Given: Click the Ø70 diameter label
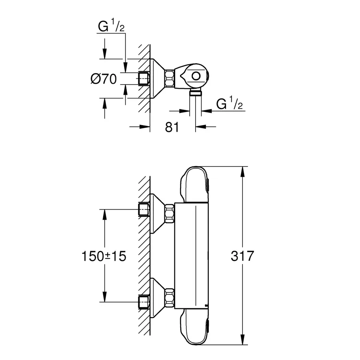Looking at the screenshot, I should click(x=104, y=79).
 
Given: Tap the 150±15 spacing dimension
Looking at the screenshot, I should click(x=104, y=256).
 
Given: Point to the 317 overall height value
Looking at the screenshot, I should click(x=242, y=256).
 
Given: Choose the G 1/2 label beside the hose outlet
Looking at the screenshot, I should click(x=230, y=104).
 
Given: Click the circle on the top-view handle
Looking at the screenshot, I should click(x=196, y=76).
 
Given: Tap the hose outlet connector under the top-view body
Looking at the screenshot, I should click(x=195, y=93).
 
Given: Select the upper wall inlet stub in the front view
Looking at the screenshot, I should click(x=144, y=210).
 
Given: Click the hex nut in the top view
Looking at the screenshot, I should click(x=170, y=78).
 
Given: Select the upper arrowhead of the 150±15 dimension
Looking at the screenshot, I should click(x=104, y=214).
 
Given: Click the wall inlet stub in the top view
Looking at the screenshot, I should click(x=144, y=78).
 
